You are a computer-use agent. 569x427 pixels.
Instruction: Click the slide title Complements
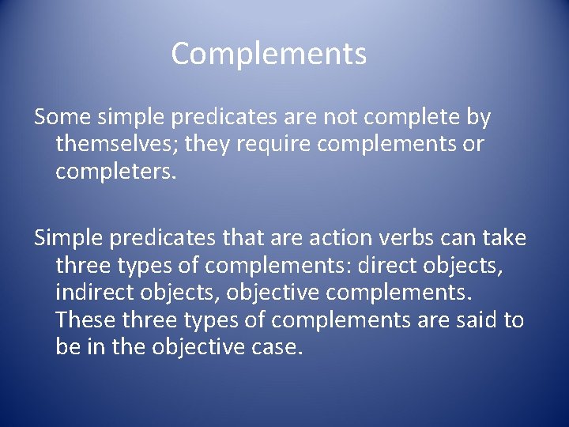[x=269, y=54]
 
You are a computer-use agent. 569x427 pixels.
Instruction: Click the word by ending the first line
[x=477, y=118]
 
